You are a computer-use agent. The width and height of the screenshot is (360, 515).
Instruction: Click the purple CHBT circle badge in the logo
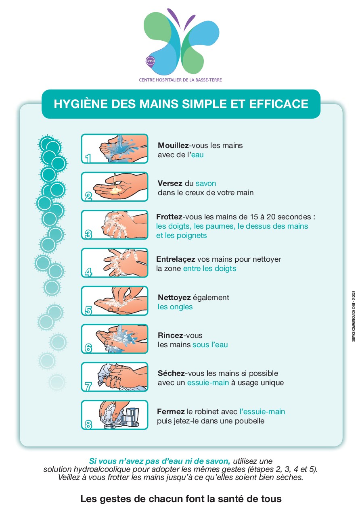click(x=150, y=61)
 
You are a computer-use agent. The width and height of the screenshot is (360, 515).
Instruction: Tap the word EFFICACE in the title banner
click(x=278, y=104)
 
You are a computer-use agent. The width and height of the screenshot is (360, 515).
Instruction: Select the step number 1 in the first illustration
click(x=88, y=158)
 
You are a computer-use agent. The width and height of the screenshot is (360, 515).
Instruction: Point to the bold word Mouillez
click(x=173, y=145)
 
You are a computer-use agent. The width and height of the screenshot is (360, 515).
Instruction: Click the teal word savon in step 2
click(x=206, y=183)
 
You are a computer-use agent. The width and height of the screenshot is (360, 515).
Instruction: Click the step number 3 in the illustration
click(x=88, y=234)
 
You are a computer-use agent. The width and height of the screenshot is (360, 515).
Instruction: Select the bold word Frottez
click(x=169, y=217)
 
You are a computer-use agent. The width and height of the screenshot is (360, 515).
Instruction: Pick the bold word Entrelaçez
click(x=176, y=259)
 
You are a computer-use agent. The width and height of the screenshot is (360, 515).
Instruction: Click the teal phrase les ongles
click(x=175, y=306)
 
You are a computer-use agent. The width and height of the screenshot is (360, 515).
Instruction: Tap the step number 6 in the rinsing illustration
click(x=88, y=348)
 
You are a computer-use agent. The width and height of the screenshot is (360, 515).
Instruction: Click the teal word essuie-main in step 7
click(x=208, y=383)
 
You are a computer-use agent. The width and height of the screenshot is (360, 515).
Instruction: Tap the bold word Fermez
click(x=171, y=411)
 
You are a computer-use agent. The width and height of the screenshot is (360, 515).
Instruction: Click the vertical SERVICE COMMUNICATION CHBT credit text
click(x=353, y=316)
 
